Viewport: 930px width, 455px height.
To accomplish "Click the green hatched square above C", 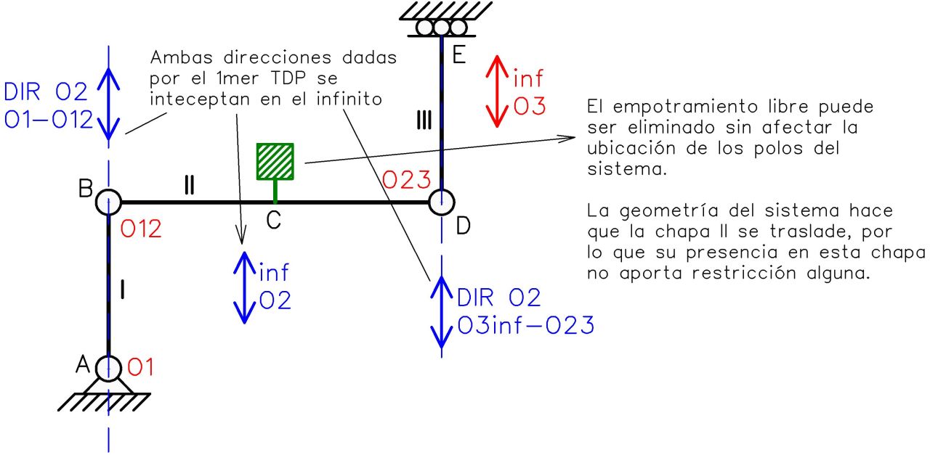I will (275, 161).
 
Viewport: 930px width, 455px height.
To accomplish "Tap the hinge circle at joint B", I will (108, 202).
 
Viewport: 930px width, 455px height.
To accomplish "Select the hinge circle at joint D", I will (441, 202).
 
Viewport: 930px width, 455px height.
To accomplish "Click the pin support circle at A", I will (108, 369).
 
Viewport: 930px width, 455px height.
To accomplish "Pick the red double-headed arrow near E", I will (497, 90).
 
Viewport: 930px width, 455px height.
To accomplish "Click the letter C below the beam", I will (273, 221).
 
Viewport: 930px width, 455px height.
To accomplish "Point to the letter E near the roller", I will (458, 56).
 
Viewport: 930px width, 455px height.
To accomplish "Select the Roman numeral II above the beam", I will (189, 186).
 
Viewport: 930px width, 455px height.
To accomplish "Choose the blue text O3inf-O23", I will (525, 325).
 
